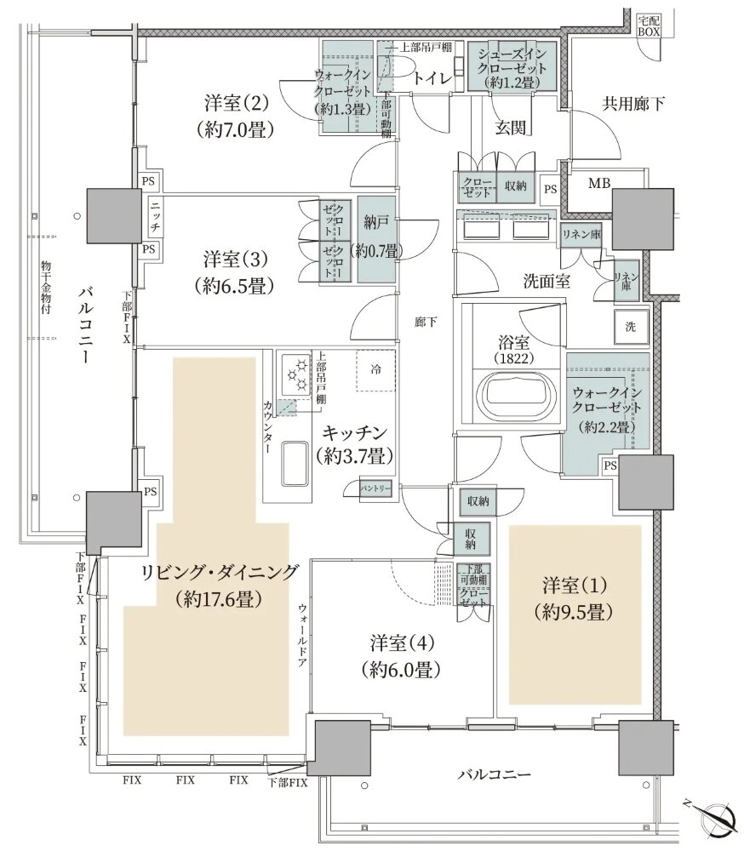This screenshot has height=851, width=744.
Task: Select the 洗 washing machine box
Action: click(630, 326)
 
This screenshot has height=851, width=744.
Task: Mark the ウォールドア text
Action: click(301, 637)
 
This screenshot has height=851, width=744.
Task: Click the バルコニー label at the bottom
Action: click(494, 774)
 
